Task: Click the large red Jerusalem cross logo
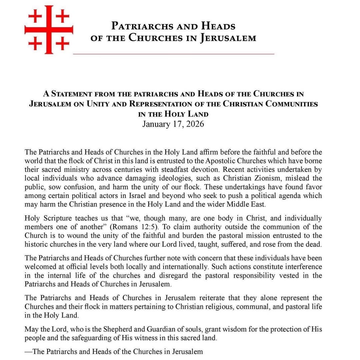pyautogui.click(x=47, y=30)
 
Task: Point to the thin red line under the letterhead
pyautogui.click(x=173, y=54)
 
